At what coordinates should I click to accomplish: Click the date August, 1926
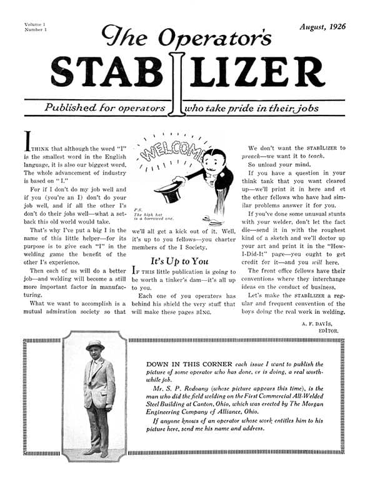tap(322, 27)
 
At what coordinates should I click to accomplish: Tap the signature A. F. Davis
tap(321, 323)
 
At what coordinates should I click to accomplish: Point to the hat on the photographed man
tap(96, 345)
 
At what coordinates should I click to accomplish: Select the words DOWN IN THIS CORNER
tap(181, 364)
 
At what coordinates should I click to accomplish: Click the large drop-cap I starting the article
tap(27, 140)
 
